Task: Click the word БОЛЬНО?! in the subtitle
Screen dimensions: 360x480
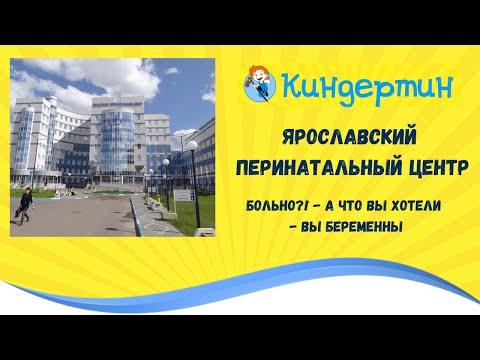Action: (x=273, y=206)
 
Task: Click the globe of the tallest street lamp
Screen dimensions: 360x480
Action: (x=190, y=147)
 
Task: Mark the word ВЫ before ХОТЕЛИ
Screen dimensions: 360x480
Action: (x=375, y=206)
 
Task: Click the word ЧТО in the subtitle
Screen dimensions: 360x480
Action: (x=346, y=206)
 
